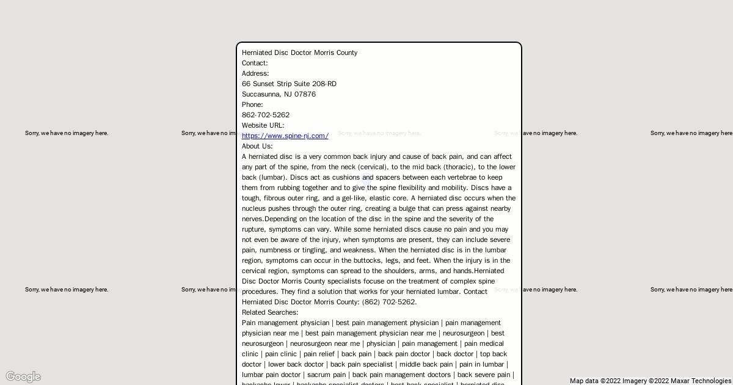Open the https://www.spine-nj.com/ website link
click(x=285, y=136)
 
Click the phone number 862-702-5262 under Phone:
click(x=266, y=115)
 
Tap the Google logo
click(x=23, y=376)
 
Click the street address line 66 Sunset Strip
click(x=289, y=84)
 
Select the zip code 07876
click(x=305, y=94)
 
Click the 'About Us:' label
click(x=257, y=146)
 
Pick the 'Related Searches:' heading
click(x=270, y=312)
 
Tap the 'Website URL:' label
click(x=263, y=125)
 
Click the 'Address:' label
click(x=255, y=73)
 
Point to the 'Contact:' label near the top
click(x=255, y=63)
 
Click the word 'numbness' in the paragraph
click(x=275, y=250)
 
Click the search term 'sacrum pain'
click(x=326, y=375)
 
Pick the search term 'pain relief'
click(x=319, y=354)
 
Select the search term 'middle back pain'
click(x=426, y=364)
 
